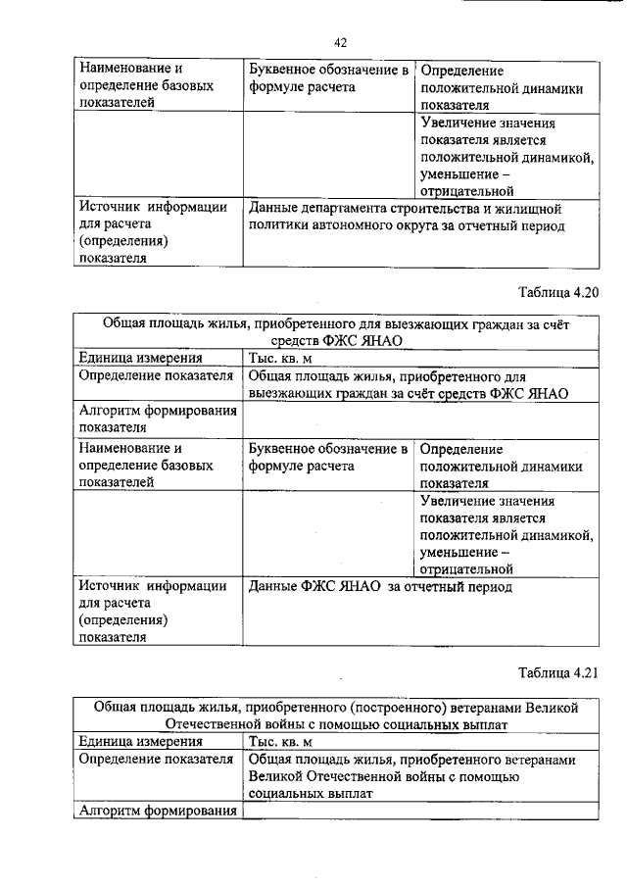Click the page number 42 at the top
point(340,43)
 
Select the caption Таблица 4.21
point(556,672)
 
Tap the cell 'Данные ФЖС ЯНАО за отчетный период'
point(380,587)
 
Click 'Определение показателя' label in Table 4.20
point(155,375)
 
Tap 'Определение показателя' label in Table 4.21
point(155,759)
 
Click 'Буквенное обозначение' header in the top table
point(327,71)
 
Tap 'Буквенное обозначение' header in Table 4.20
point(327,449)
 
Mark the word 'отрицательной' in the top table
point(467,192)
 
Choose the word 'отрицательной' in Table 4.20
point(467,567)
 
